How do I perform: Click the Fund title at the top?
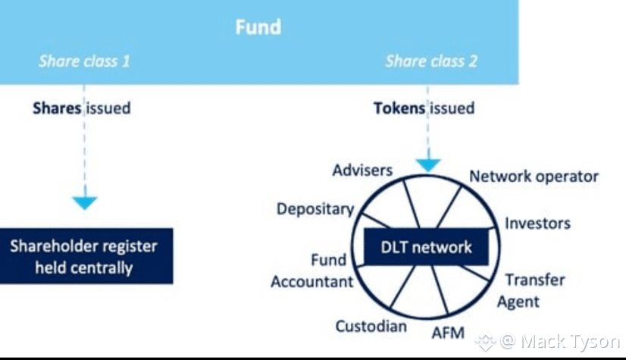pos(258,28)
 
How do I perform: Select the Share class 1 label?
pos(84,61)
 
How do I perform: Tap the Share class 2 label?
pos(430,61)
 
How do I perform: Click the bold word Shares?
pos(57,108)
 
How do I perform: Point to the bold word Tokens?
pos(399,108)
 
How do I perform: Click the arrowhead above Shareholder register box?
pos(84,202)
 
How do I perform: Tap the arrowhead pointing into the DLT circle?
pos(429,163)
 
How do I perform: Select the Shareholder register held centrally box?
pos(84,256)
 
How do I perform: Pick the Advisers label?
pos(362,170)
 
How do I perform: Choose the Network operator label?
pos(534,177)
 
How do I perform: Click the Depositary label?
pos(315,208)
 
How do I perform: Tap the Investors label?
pos(537,223)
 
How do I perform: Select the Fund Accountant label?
pos(312,271)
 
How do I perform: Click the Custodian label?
pos(371,327)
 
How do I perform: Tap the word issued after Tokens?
pos(452,108)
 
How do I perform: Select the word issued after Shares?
pos(108,108)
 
